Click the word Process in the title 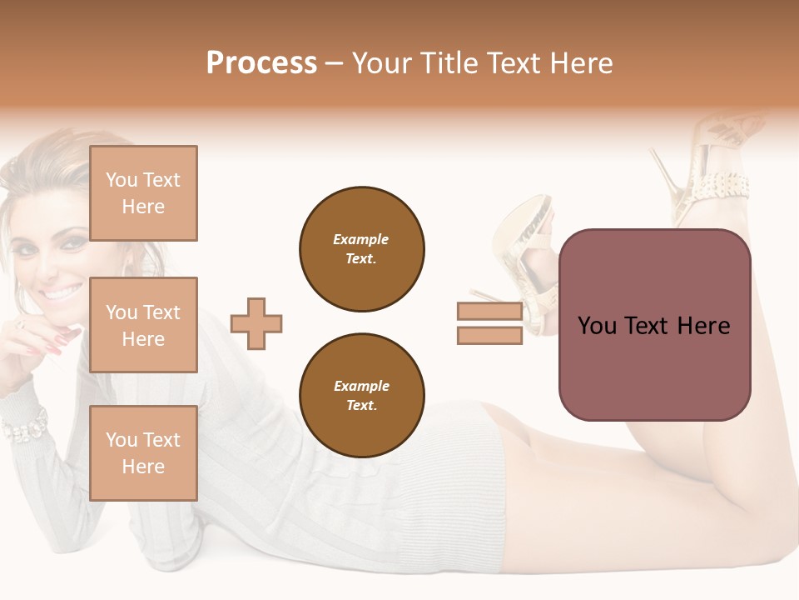[261, 63]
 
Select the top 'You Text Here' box [143, 193]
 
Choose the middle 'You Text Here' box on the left [143, 325]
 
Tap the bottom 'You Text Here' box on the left [143, 452]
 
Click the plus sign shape [256, 323]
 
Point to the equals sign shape [489, 323]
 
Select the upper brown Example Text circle [361, 249]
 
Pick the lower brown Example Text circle [361, 396]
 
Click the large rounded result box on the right [654, 325]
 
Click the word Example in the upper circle [361, 239]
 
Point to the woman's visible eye [73, 242]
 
